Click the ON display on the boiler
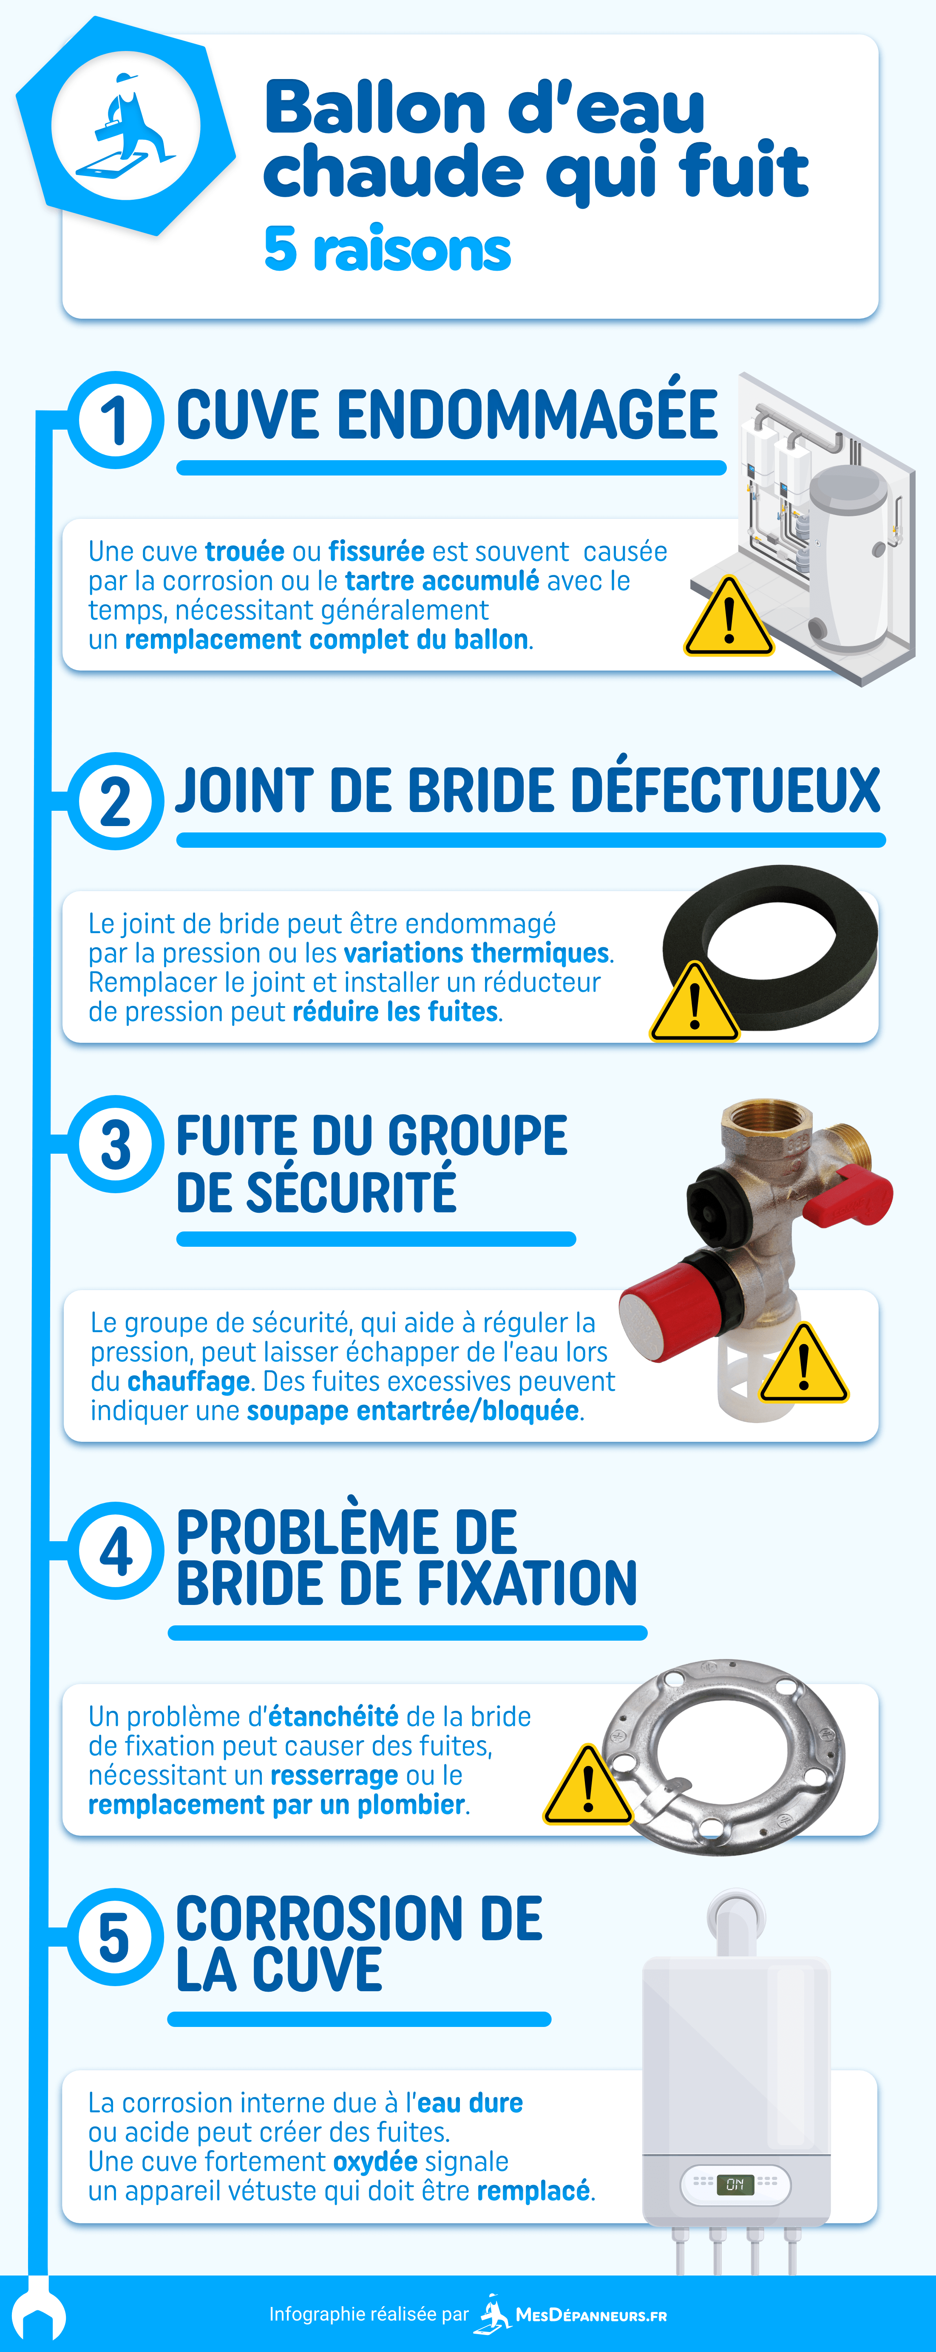735,2185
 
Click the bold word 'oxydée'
375,2161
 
